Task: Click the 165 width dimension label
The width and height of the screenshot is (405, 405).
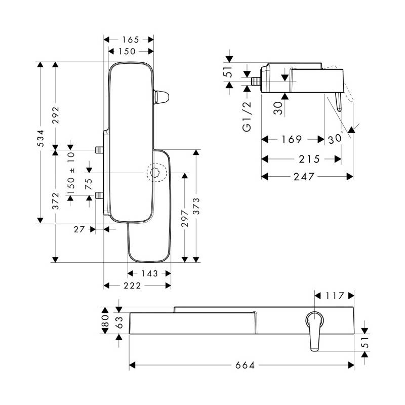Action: (x=131, y=40)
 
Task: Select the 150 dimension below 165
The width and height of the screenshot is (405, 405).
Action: (x=127, y=52)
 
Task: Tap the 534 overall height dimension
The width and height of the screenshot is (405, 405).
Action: (x=40, y=138)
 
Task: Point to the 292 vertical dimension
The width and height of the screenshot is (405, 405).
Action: (x=56, y=115)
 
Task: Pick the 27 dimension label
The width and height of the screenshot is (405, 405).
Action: (x=79, y=229)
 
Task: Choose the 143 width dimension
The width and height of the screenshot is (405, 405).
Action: (x=149, y=273)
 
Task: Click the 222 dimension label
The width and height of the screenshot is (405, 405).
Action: (x=132, y=286)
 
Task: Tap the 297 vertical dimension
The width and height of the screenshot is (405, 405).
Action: (x=185, y=219)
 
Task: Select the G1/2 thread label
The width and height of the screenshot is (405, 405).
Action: (x=247, y=117)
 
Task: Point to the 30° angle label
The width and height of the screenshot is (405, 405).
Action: (x=336, y=139)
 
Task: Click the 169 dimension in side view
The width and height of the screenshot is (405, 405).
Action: (x=292, y=140)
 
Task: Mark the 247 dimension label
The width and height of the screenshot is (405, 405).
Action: (x=304, y=177)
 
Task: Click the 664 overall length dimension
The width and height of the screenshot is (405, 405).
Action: (x=245, y=365)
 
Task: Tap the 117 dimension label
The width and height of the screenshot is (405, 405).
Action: (x=335, y=296)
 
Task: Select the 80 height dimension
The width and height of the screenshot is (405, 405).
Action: (x=105, y=320)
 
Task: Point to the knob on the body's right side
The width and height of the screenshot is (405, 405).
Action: (x=161, y=97)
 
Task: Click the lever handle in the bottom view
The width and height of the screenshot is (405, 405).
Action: (x=315, y=332)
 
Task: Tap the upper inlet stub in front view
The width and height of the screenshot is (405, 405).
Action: (x=99, y=150)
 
